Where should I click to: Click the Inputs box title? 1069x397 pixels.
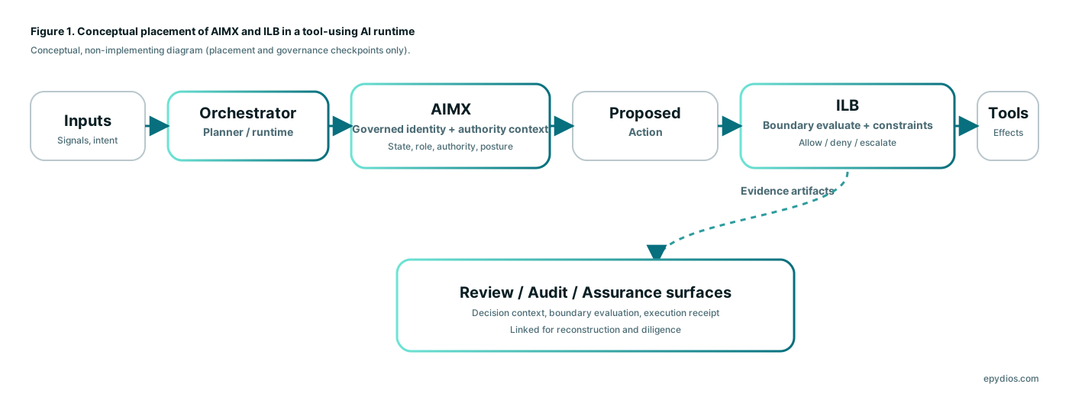[x=88, y=121]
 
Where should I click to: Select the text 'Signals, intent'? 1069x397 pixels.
[x=88, y=140]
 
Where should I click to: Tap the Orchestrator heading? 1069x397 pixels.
[x=248, y=113]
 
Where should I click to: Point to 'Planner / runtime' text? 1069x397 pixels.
[x=248, y=132]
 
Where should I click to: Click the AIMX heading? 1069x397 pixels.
[x=450, y=108]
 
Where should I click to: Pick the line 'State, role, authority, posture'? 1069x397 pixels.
[x=450, y=147]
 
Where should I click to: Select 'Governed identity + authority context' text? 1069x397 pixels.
[x=450, y=129]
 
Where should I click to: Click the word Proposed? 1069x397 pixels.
[x=645, y=113]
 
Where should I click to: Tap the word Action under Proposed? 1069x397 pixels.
[x=645, y=132]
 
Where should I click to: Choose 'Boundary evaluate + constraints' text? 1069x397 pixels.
[x=848, y=125]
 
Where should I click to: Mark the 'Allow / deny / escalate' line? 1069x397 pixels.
[x=848, y=143]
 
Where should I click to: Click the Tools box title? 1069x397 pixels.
[x=1008, y=113]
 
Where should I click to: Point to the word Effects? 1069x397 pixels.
[x=1008, y=132]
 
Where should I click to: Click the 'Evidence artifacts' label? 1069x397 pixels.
[x=788, y=191]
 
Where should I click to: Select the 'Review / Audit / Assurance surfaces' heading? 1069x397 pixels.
[x=596, y=292]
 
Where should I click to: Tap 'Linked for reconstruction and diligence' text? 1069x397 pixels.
[x=596, y=330]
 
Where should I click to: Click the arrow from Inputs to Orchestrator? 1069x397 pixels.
[x=157, y=126]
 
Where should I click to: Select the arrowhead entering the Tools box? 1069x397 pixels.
[x=967, y=126]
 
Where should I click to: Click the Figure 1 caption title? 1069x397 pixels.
[x=222, y=32]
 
